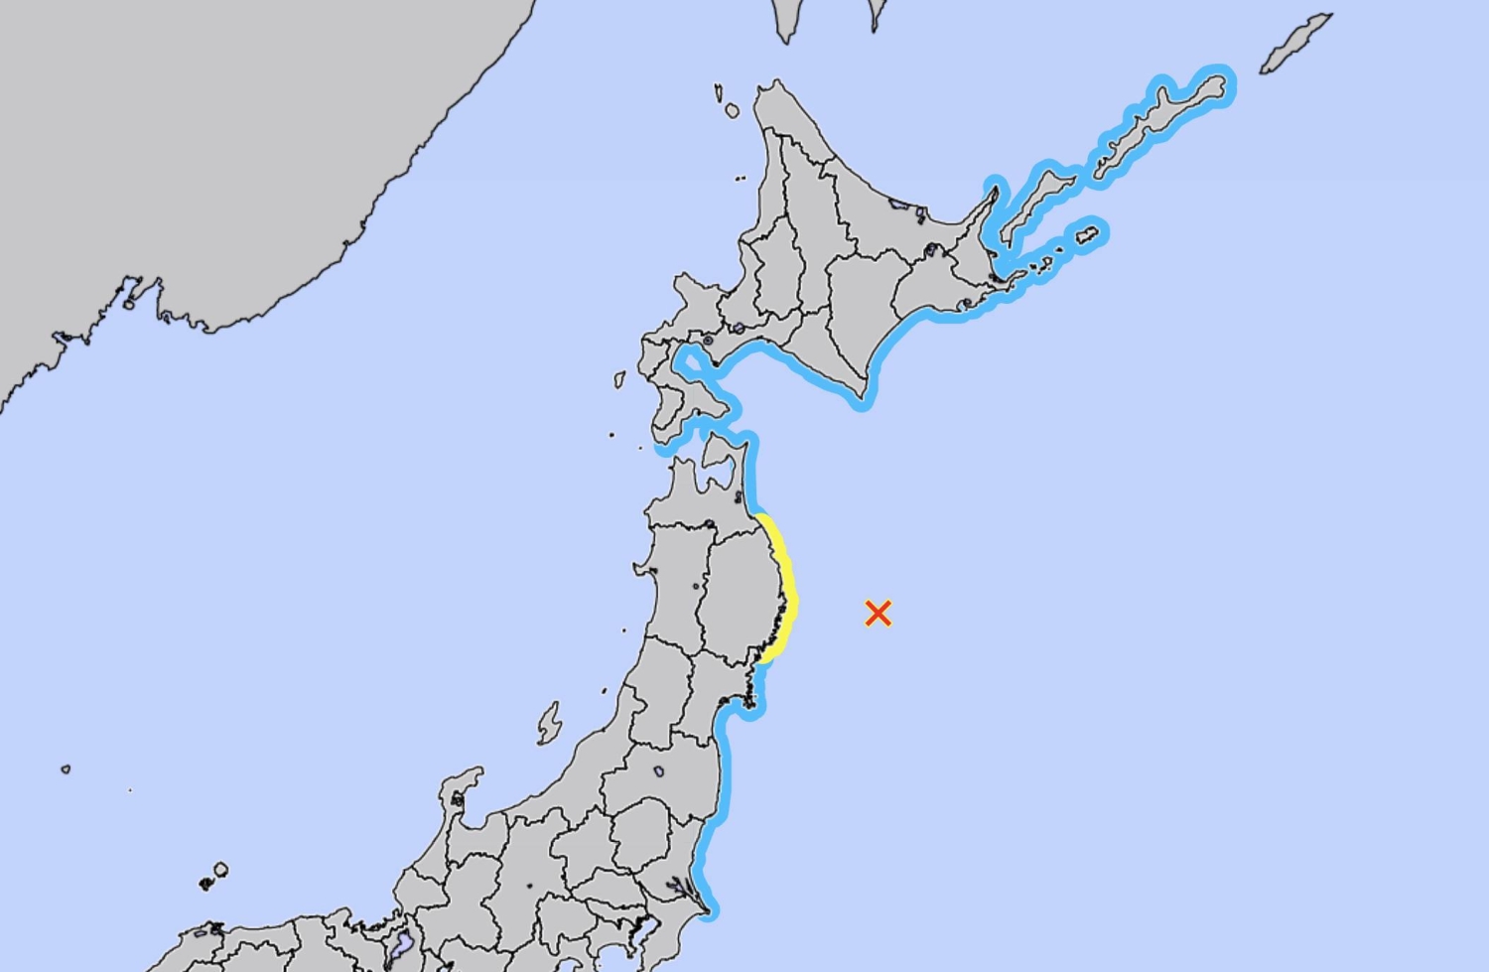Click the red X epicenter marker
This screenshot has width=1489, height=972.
[x=878, y=614]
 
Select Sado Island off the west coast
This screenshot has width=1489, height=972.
[x=549, y=723]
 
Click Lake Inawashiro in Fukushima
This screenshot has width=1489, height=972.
[x=658, y=771]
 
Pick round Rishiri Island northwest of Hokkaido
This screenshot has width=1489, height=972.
[x=733, y=111]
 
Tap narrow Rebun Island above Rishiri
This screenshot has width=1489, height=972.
[x=718, y=93]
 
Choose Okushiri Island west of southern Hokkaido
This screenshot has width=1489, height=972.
[x=619, y=379]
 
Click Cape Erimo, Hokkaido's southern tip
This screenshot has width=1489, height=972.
[x=862, y=399]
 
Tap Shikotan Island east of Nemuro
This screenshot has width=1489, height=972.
[x=1088, y=235]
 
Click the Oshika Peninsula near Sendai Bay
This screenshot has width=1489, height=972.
[x=751, y=695]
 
